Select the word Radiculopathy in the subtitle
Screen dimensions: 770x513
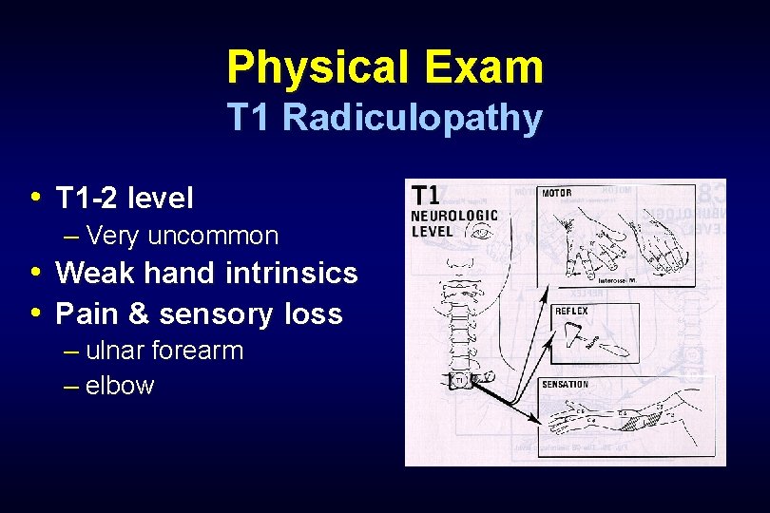[414, 119]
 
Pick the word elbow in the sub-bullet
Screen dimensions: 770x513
[119, 386]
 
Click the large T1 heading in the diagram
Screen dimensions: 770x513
[425, 195]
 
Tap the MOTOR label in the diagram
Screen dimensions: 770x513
[557, 193]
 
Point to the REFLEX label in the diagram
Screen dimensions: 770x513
[571, 311]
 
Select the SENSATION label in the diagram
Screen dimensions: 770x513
[565, 384]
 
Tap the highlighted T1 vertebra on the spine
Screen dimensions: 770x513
[458, 379]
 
